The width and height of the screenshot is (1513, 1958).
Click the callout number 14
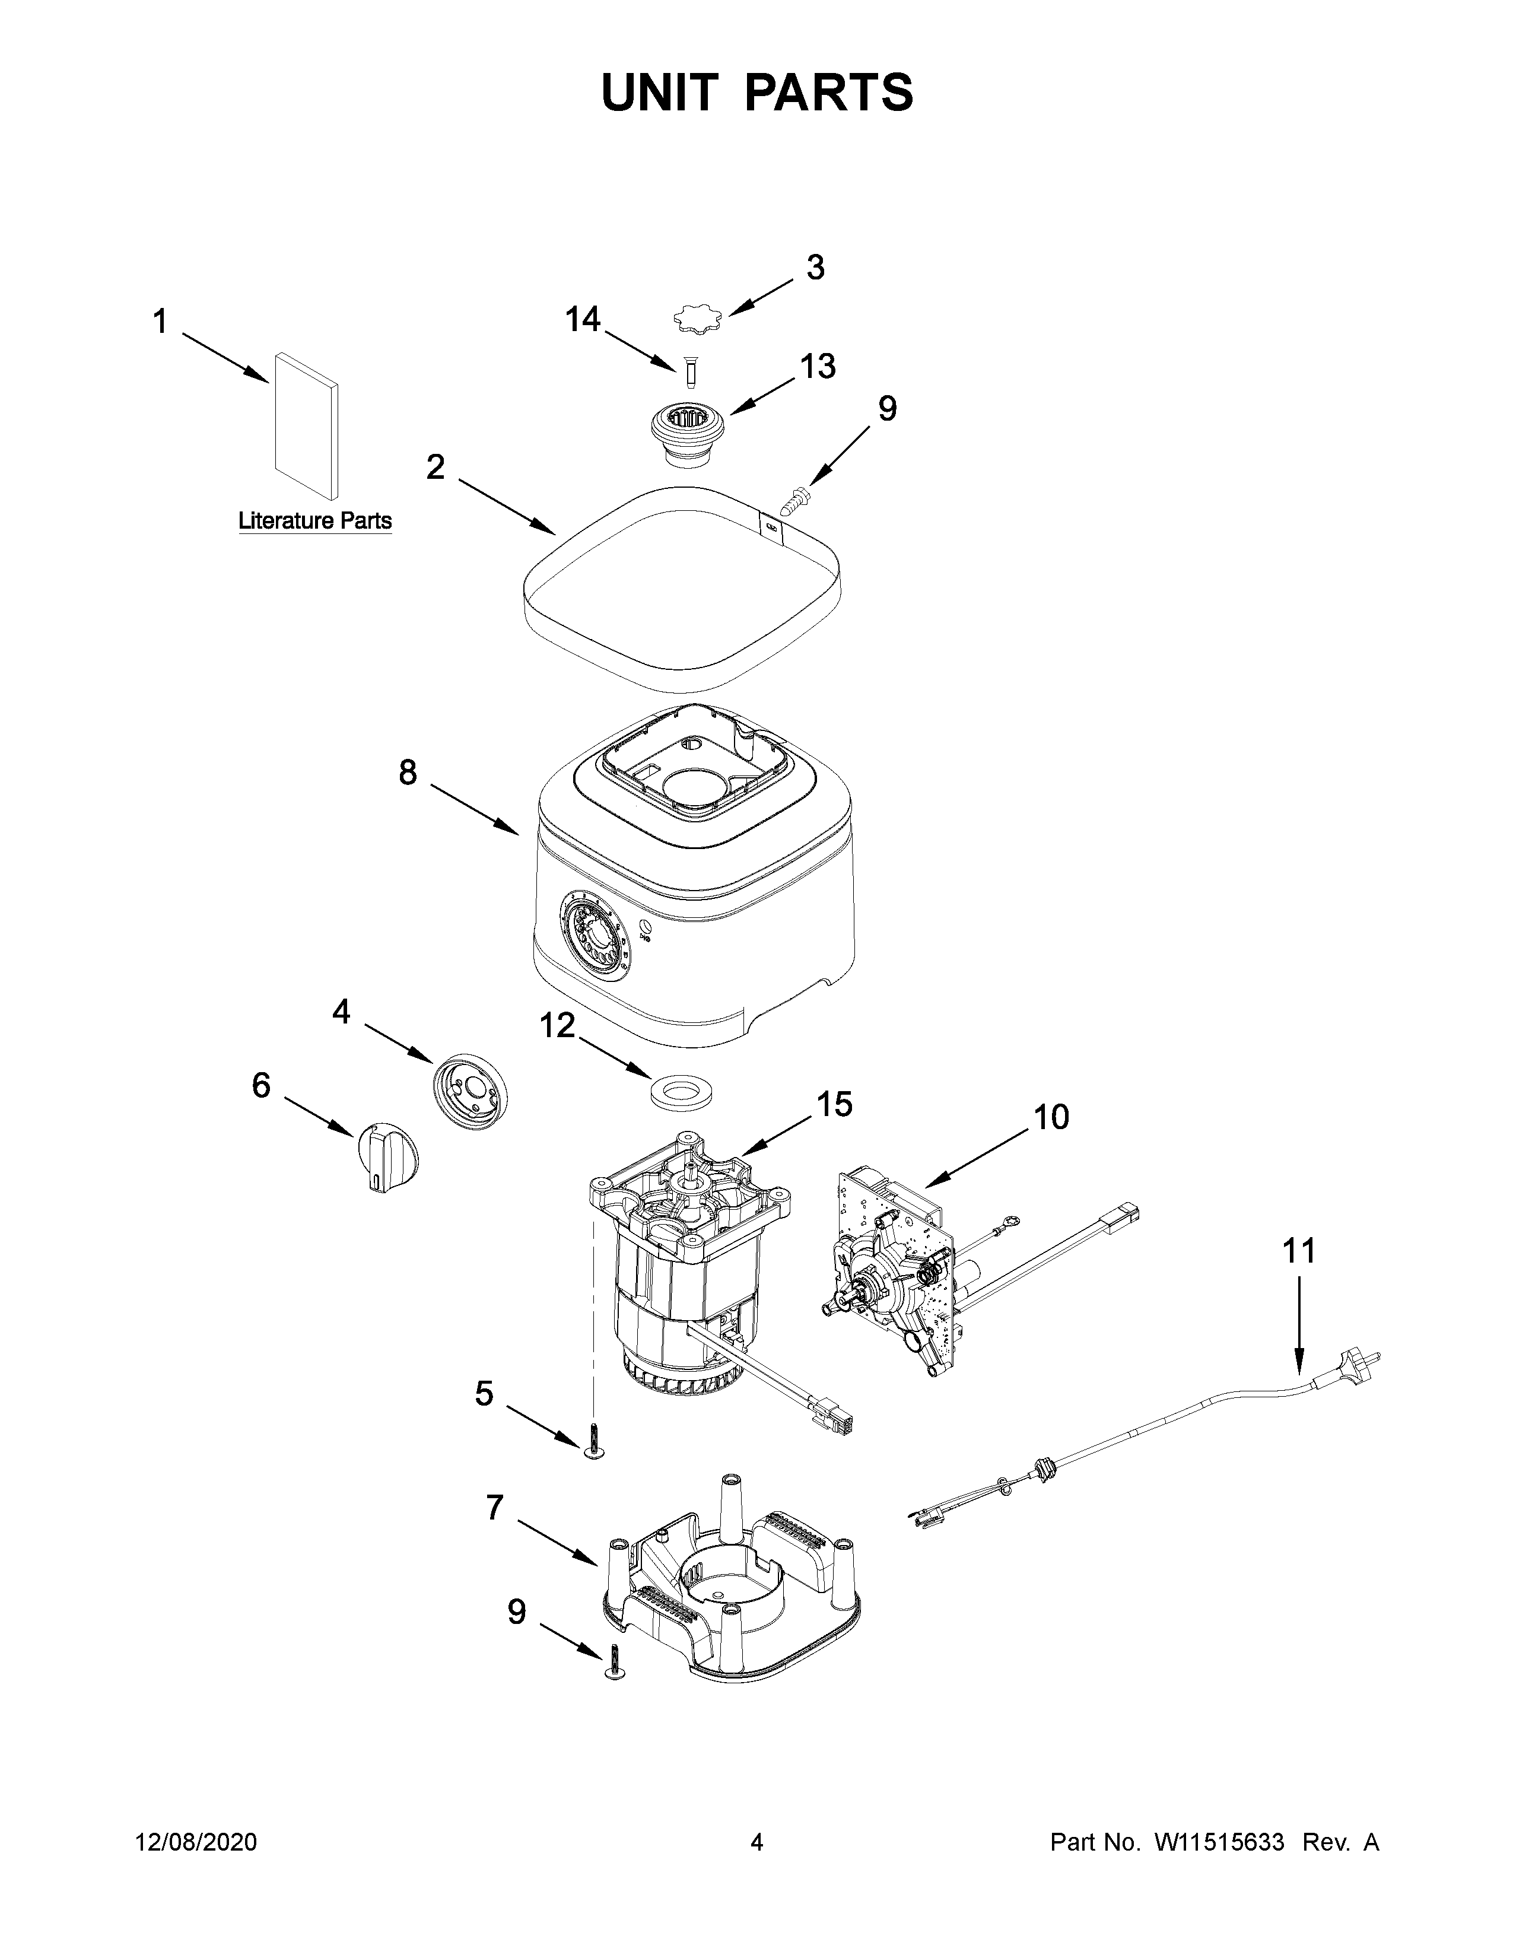click(583, 319)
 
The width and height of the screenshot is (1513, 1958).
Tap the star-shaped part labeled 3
click(697, 317)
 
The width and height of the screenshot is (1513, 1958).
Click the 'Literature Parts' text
click(314, 521)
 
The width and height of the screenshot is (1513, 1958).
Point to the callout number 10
click(1051, 1118)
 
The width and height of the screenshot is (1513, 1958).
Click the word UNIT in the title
click(660, 93)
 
